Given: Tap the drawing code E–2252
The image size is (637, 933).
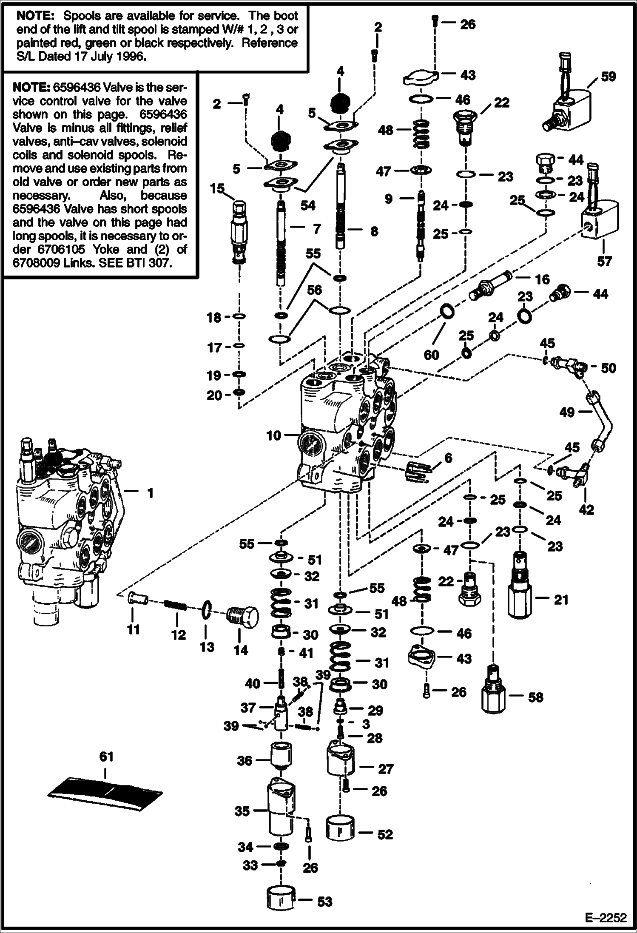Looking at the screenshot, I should pos(606,916).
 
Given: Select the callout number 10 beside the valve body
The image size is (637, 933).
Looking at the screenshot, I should pos(274,436).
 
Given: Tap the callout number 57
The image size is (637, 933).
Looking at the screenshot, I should pos(605,261).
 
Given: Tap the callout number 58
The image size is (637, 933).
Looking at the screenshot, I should pos(535,697).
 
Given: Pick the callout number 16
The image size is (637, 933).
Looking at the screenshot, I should pos(543,279).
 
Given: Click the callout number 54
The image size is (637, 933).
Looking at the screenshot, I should pos(307,205).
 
